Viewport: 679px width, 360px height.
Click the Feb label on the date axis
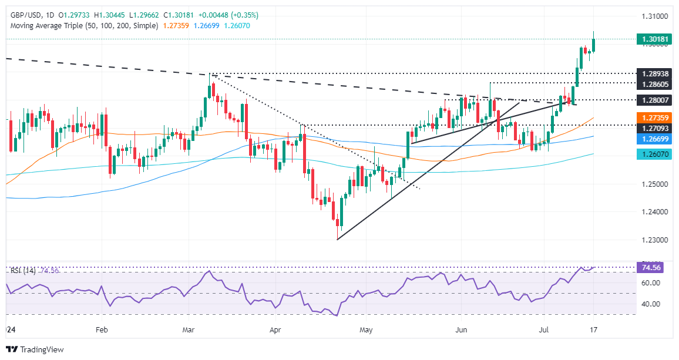[102, 330]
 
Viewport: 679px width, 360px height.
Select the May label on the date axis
[366, 330]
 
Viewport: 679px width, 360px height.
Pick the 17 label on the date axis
[594, 330]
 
